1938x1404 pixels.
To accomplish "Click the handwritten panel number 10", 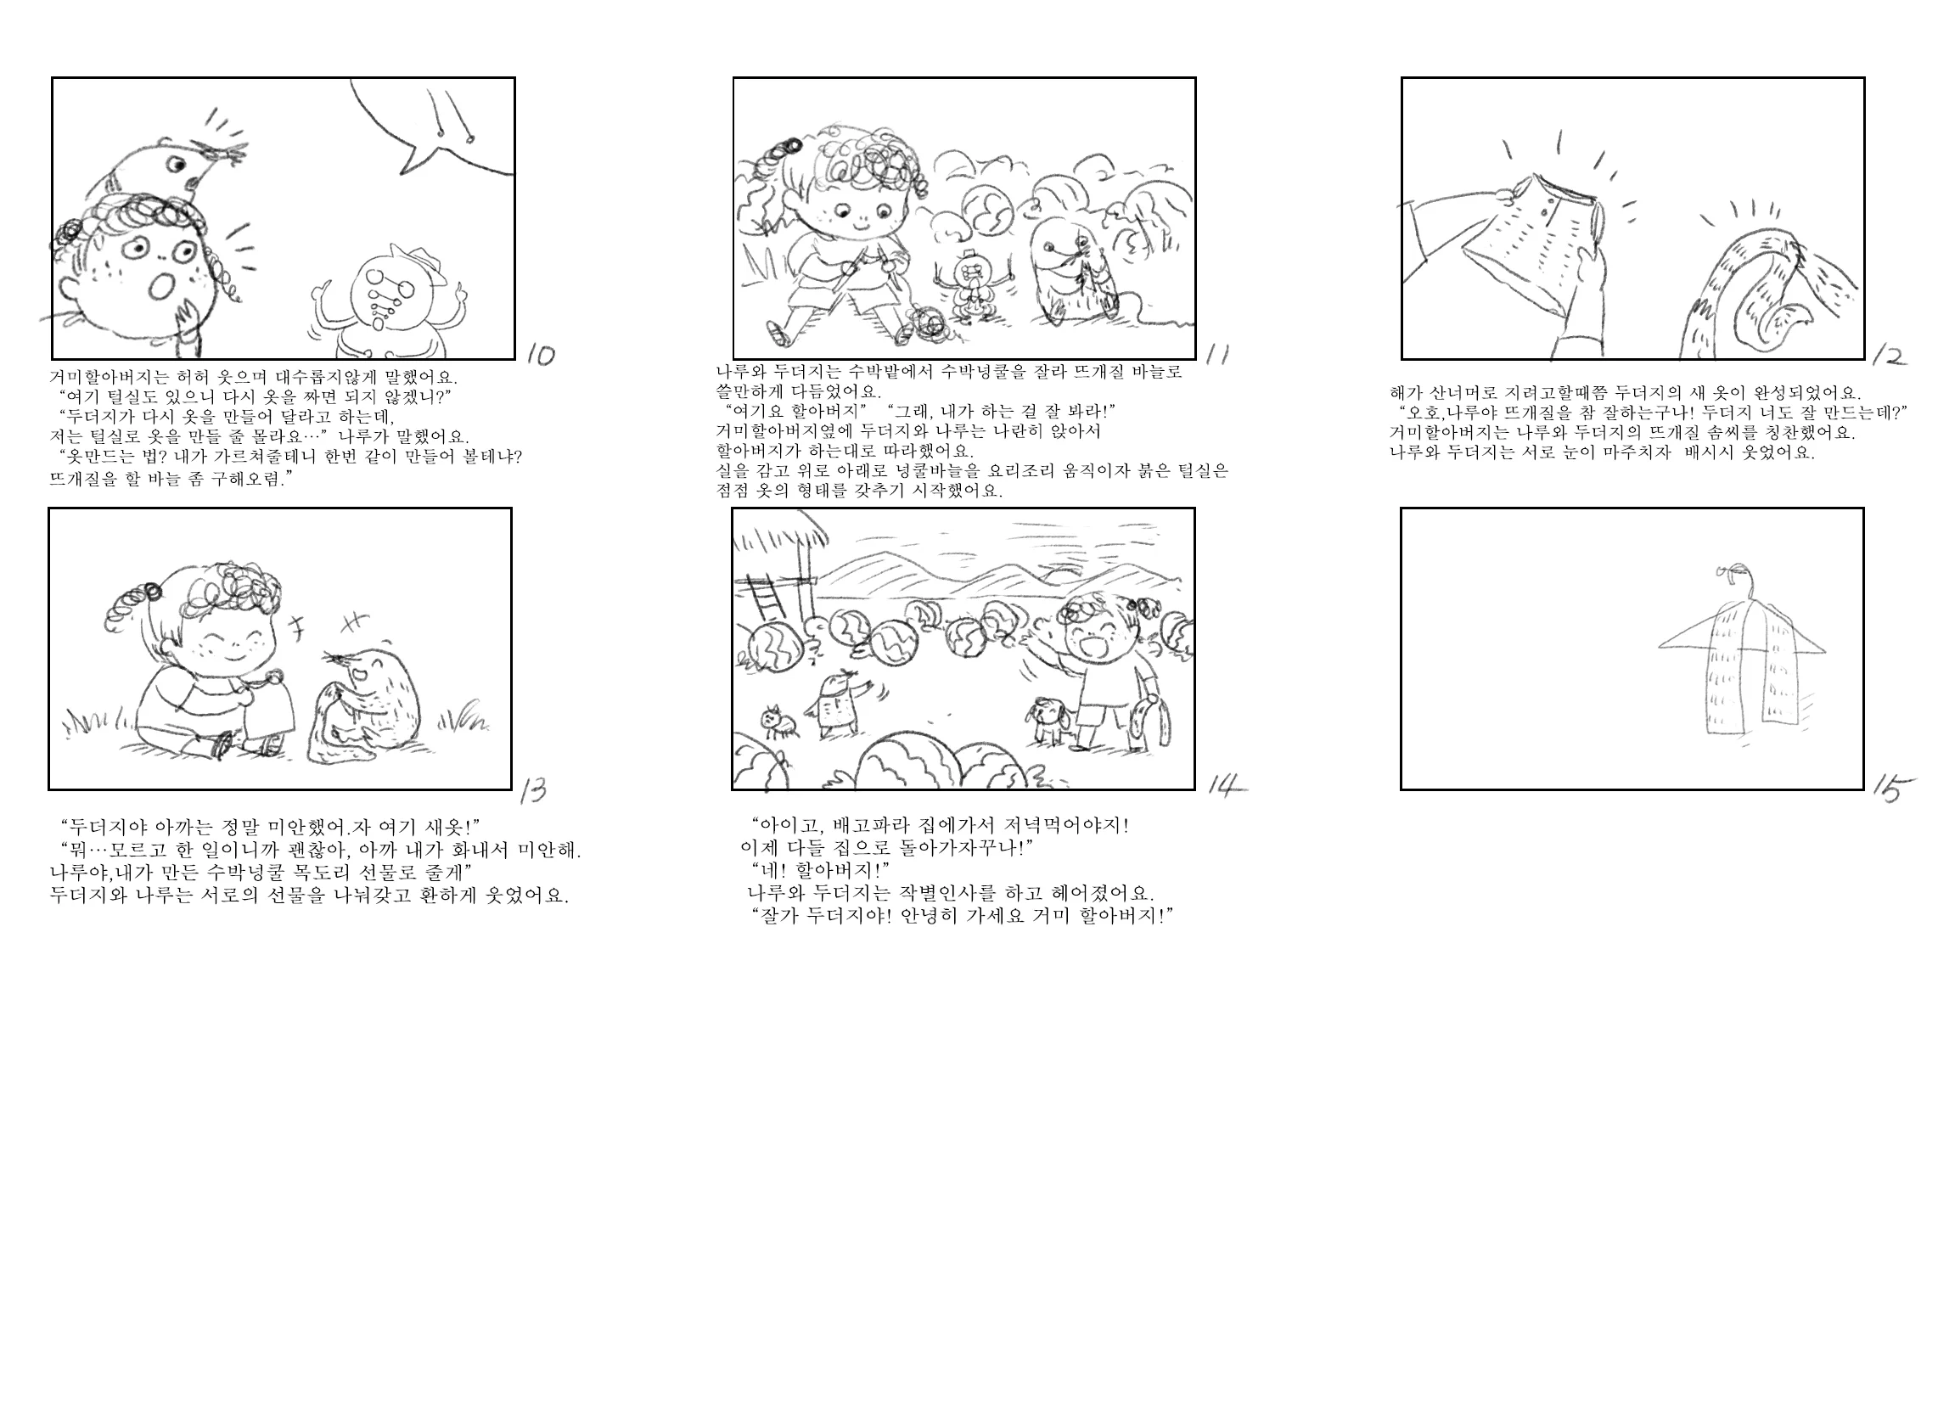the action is (541, 354).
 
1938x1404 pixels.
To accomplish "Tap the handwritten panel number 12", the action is (1889, 356).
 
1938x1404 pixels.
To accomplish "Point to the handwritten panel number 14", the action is (1226, 785).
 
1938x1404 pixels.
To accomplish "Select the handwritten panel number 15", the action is (1892, 788).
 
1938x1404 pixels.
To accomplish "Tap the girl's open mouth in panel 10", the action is (160, 287).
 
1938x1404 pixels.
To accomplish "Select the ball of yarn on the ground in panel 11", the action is (926, 324).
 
